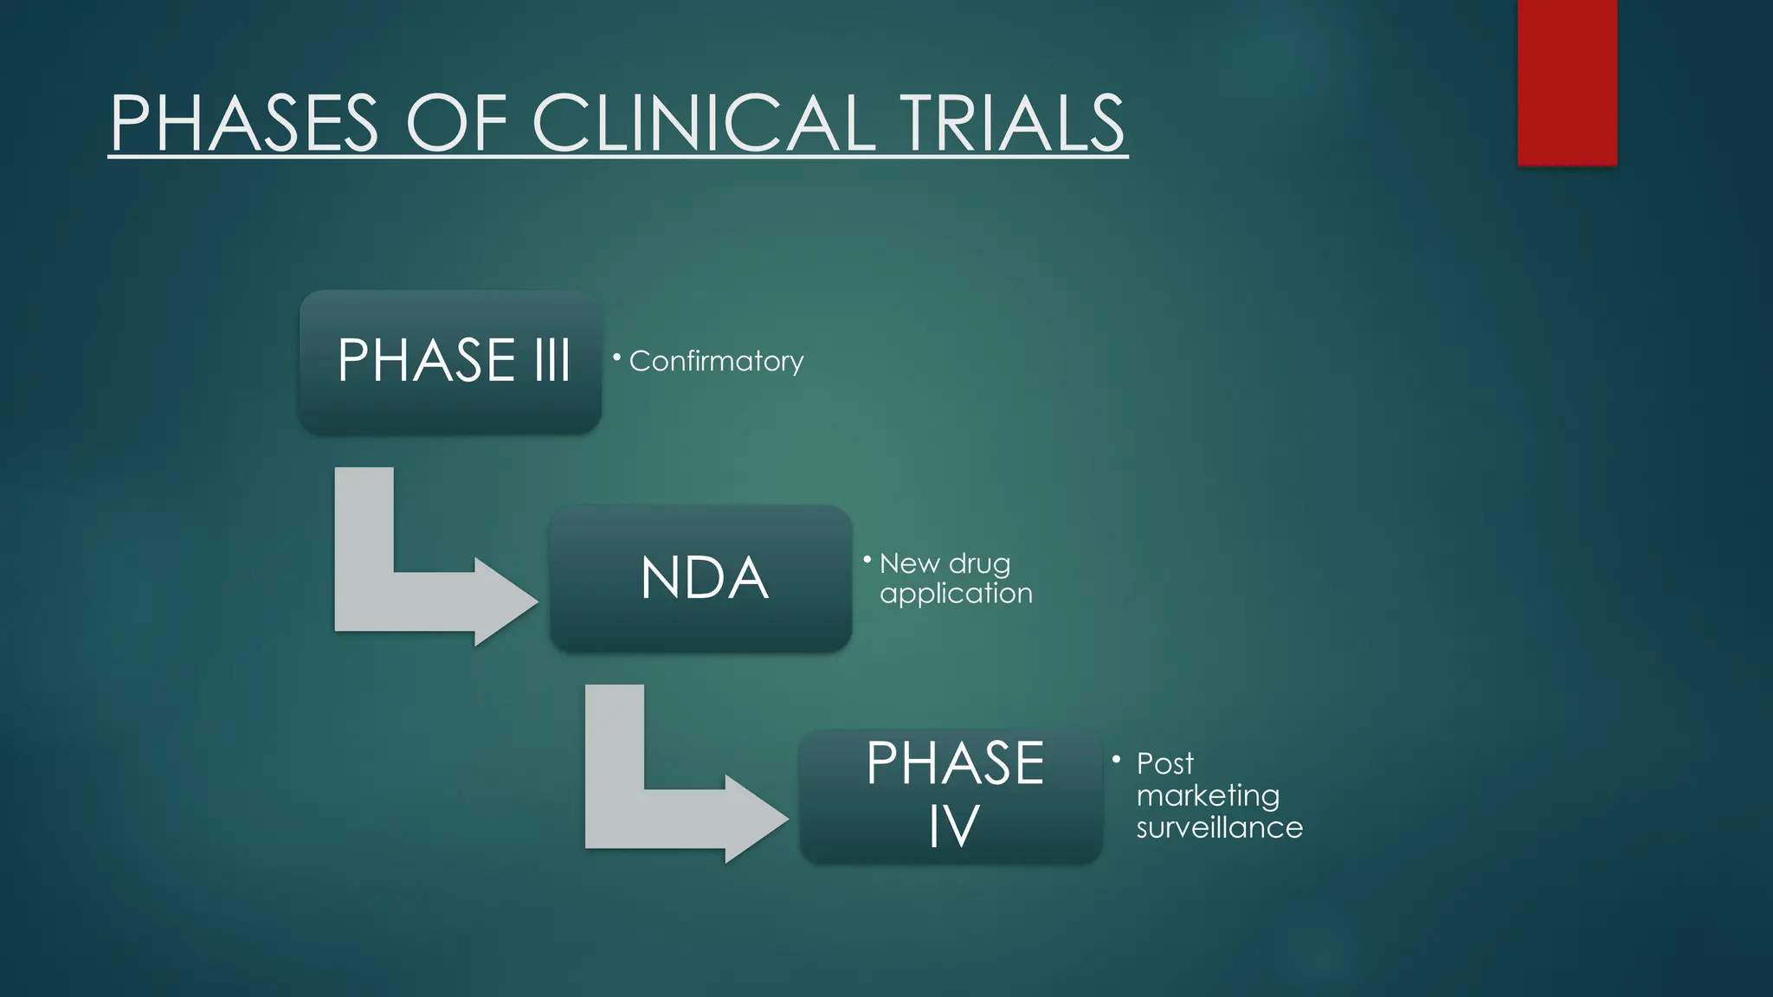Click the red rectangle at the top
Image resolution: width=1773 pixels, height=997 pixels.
pyautogui.click(x=1567, y=82)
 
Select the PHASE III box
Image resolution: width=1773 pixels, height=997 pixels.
pyautogui.click(x=450, y=362)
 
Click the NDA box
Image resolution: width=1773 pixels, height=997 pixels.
pyautogui.click(x=701, y=578)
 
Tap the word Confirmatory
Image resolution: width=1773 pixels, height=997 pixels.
pyautogui.click(x=716, y=361)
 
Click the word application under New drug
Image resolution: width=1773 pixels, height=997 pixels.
pyautogui.click(x=956, y=594)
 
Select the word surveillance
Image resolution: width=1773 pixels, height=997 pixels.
pyautogui.click(x=1219, y=827)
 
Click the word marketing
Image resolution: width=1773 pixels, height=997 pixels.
pyautogui.click(x=1208, y=795)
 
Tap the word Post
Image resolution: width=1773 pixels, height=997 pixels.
pyautogui.click(x=1164, y=763)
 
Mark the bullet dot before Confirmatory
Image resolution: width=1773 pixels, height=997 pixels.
pyautogui.click(x=616, y=357)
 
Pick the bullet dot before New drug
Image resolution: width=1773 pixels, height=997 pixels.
pyautogui.click(x=867, y=560)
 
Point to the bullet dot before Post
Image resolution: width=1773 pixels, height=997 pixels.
pyautogui.click(x=1116, y=759)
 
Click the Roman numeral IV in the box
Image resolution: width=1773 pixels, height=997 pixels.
pyautogui.click(x=953, y=826)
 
